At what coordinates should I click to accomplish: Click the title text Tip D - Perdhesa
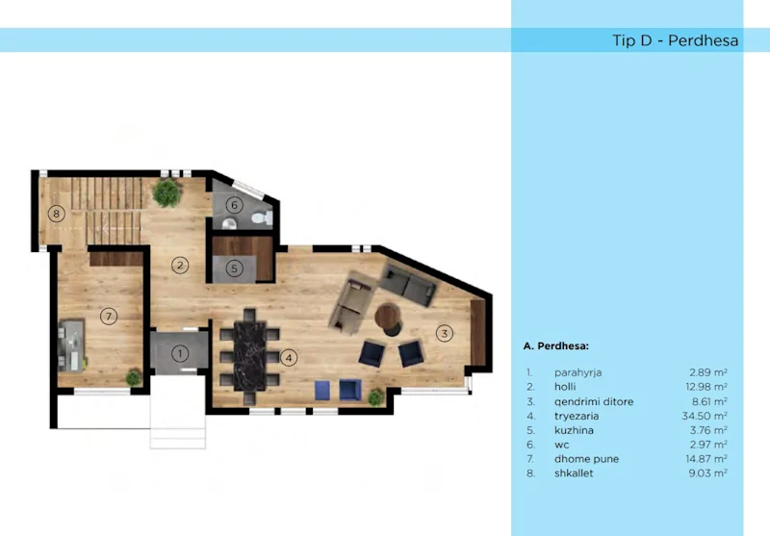tap(675, 40)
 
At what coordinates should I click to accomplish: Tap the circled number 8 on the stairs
tap(57, 214)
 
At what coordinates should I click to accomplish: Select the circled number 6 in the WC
tap(235, 204)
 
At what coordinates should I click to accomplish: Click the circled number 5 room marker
tap(235, 268)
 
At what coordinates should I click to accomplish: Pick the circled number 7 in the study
tap(109, 316)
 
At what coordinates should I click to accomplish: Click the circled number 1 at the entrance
tap(179, 353)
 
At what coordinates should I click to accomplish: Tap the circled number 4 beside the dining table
tap(290, 358)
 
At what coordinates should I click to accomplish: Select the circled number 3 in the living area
tap(444, 334)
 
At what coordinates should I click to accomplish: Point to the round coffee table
tap(390, 318)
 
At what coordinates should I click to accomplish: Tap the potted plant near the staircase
tap(167, 192)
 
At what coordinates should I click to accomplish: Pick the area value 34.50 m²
tap(707, 416)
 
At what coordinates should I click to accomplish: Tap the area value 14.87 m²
tap(707, 459)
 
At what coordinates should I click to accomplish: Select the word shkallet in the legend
tap(576, 473)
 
